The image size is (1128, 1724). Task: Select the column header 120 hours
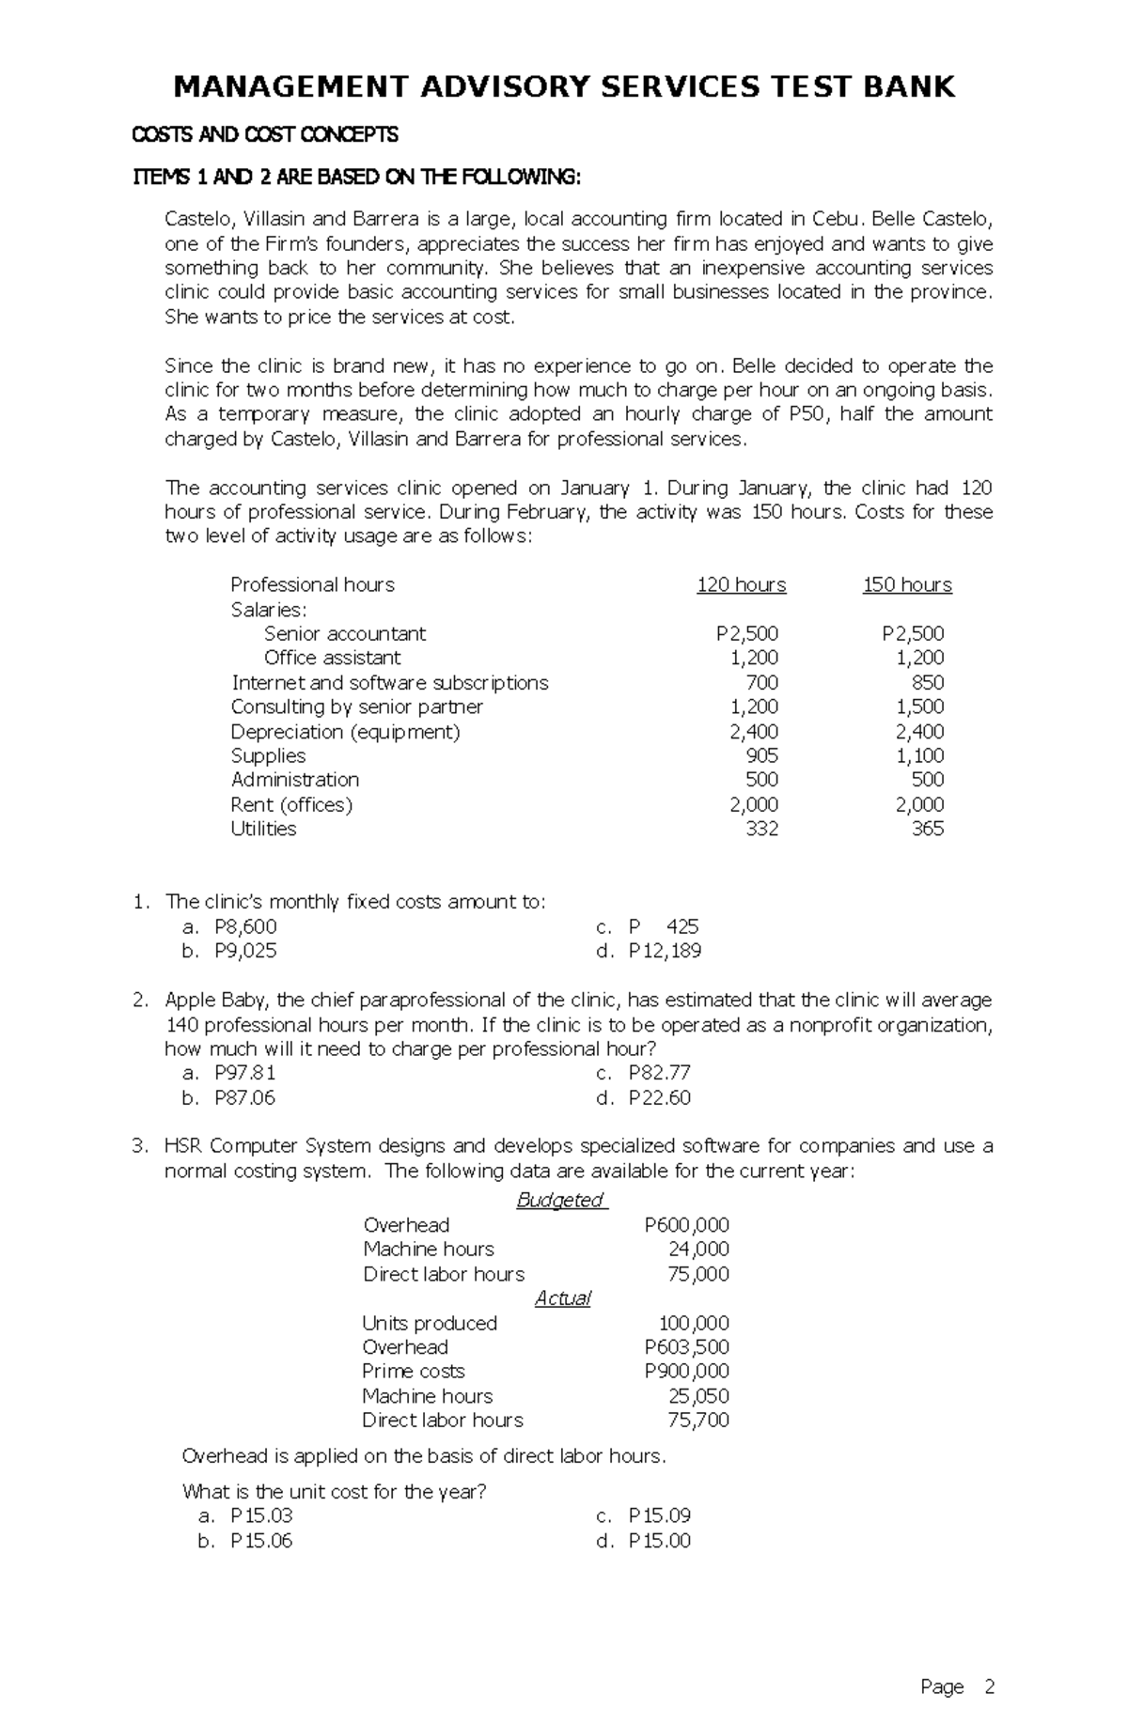[x=741, y=585]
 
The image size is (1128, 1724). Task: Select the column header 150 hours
[x=907, y=585]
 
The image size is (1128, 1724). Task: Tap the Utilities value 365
[x=927, y=829]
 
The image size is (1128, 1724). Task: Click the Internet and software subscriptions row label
[x=389, y=683]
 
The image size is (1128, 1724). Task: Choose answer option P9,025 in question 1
[x=245, y=951]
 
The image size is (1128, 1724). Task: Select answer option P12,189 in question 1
[x=665, y=951]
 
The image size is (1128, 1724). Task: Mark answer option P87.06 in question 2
[x=244, y=1097]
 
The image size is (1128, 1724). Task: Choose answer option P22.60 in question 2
[x=659, y=1097]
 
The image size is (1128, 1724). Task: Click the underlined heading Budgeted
[x=561, y=1200]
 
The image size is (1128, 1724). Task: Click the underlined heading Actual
[x=562, y=1298]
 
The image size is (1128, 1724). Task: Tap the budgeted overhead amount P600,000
[x=686, y=1225]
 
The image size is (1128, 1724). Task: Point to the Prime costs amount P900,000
[x=686, y=1371]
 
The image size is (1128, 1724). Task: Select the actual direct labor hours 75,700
[x=697, y=1420]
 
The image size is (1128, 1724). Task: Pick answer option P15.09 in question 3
[x=659, y=1515]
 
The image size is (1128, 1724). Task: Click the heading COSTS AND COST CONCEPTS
[x=264, y=135]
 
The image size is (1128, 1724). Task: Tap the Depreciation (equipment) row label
[x=345, y=732]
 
